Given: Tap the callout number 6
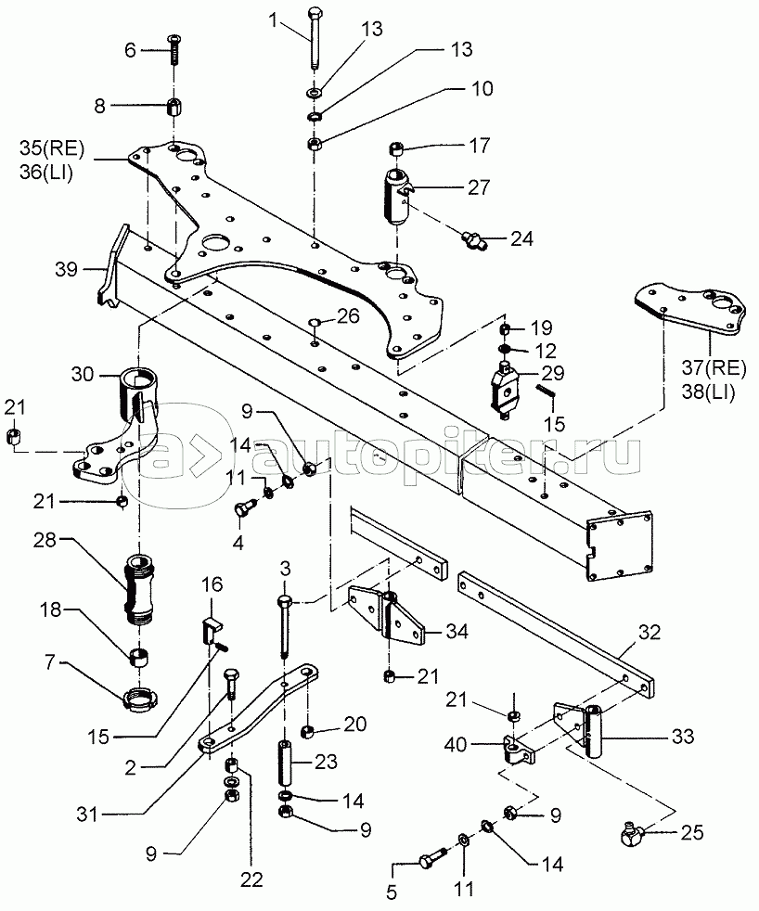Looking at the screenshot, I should click(x=130, y=50).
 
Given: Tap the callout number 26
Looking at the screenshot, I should click(x=347, y=316).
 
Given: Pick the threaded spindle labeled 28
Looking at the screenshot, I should click(x=135, y=587).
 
